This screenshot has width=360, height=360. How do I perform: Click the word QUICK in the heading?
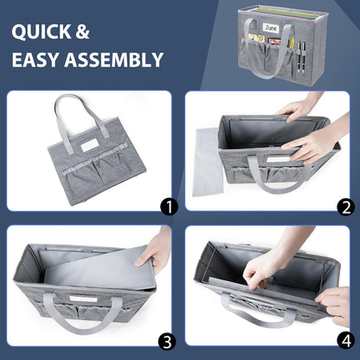(x=42, y=32)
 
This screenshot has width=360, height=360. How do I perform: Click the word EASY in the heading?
(x=35, y=60)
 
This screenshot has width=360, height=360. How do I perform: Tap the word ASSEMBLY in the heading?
(x=113, y=60)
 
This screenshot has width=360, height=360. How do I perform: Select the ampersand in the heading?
(x=82, y=32)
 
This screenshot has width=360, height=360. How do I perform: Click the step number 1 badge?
(x=169, y=207)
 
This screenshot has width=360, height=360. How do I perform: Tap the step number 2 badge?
(x=346, y=207)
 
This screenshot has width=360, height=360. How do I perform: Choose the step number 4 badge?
(x=345, y=341)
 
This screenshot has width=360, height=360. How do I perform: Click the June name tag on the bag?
(x=271, y=28)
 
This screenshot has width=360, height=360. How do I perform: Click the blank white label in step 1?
(x=90, y=145)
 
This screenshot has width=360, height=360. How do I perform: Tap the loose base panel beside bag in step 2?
(x=208, y=162)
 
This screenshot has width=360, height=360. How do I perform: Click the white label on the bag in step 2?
(x=278, y=159)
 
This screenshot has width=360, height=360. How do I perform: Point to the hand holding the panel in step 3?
(x=152, y=250)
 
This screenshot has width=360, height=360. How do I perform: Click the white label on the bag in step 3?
(x=83, y=299)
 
